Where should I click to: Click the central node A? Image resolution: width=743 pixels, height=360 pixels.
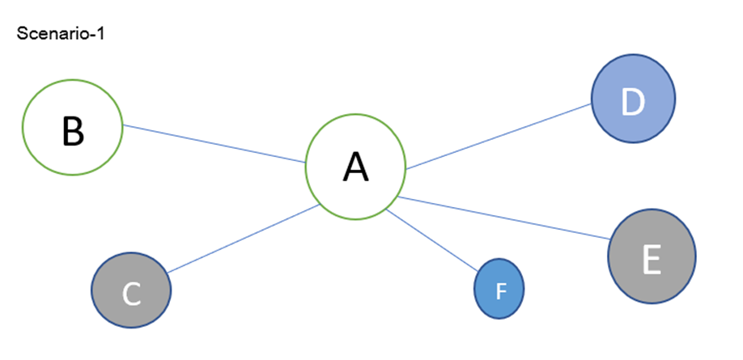[x=355, y=167]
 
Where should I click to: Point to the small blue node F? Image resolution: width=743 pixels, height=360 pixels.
[x=499, y=290]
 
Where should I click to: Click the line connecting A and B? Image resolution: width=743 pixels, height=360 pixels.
[x=214, y=144]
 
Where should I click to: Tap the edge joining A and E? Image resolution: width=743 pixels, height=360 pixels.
[x=503, y=218]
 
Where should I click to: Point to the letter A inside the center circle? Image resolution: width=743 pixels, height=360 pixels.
[x=355, y=167]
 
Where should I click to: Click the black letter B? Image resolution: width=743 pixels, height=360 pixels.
[x=73, y=130]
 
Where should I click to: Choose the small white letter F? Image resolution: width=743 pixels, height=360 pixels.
[x=500, y=290]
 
